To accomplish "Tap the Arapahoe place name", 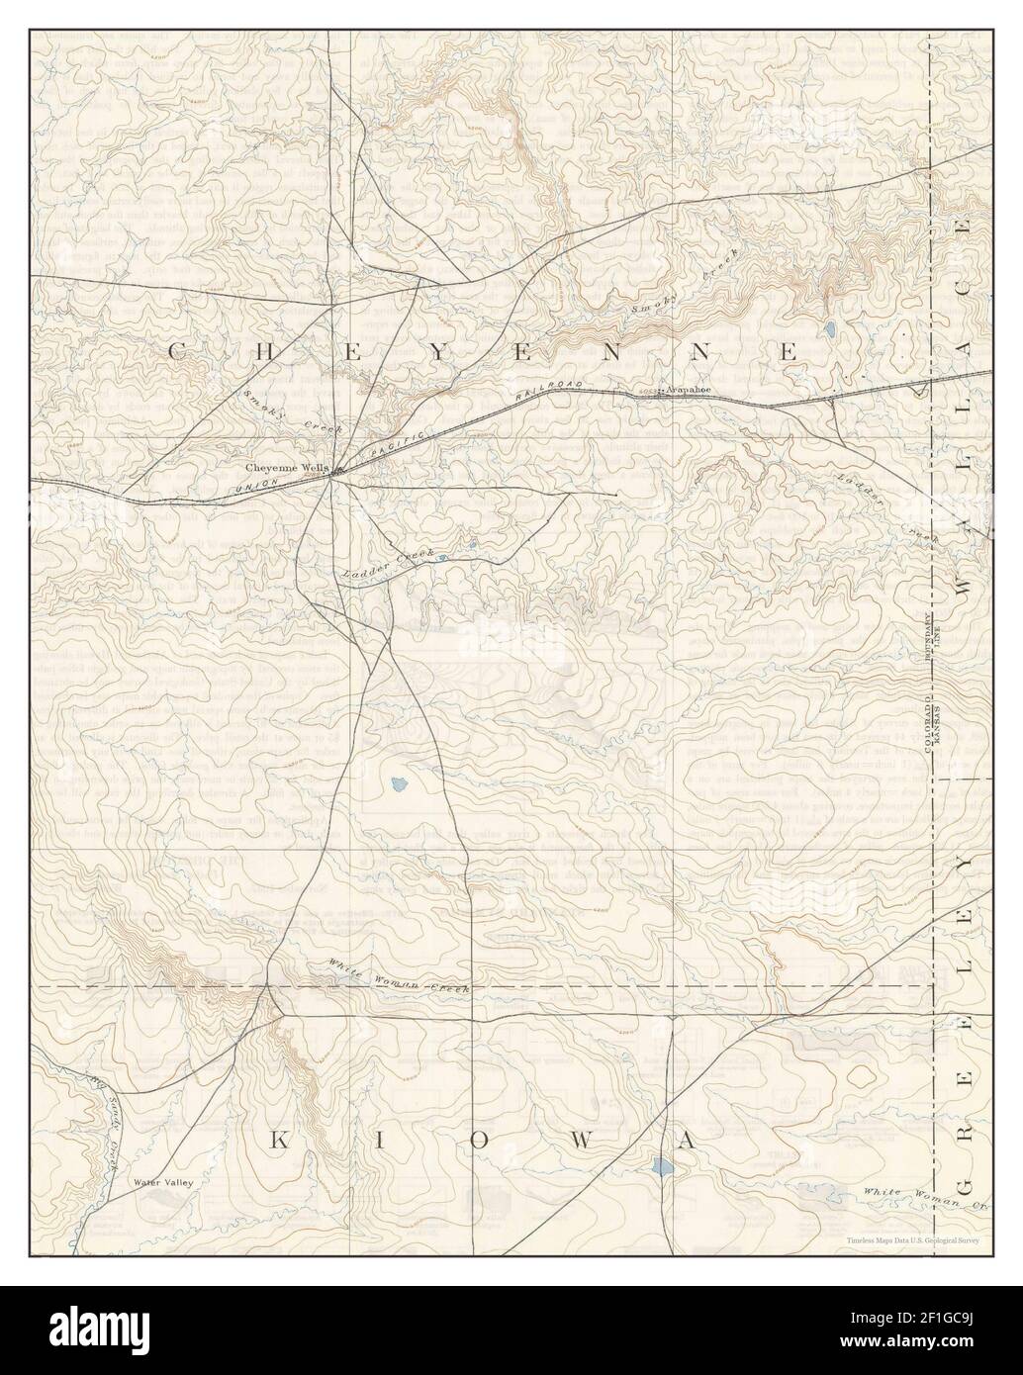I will click(690, 390).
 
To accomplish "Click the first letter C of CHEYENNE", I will click(177, 350).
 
